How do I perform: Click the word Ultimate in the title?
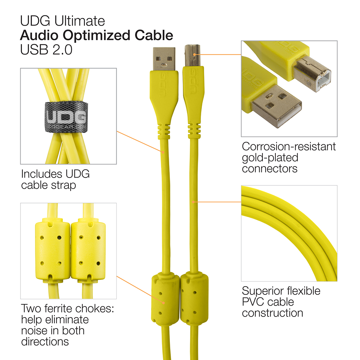80,21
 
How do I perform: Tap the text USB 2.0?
46,50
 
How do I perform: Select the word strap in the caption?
63,185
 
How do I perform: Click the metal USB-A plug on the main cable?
164,59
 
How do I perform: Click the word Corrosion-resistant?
289,147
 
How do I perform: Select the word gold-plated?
270,158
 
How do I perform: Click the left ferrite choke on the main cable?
165,298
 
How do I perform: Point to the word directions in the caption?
45,342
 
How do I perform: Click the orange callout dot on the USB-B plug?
194,55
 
